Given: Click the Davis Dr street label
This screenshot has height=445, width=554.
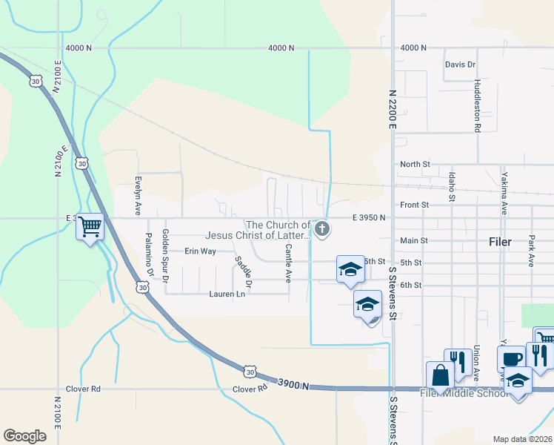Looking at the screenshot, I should (x=460, y=65).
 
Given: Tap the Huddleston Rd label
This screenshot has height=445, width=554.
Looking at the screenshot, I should (x=478, y=106).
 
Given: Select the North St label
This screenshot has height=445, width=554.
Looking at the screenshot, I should (x=415, y=164).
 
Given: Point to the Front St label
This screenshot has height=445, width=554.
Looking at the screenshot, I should (x=415, y=205).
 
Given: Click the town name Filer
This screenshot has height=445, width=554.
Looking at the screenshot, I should (x=506, y=242).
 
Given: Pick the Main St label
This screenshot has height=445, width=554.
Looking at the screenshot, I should (x=414, y=240).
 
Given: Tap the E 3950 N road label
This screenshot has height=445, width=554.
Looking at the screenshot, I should (x=368, y=217).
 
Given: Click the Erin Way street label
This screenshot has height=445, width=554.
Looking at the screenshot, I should (x=200, y=251).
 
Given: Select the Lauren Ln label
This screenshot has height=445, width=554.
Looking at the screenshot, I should (x=227, y=294).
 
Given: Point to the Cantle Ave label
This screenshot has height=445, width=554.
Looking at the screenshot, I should (x=288, y=263).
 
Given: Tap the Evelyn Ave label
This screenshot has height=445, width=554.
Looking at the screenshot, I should (x=138, y=195).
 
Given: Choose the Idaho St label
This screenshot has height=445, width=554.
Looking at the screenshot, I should (x=451, y=187).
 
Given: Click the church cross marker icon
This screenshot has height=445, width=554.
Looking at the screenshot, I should (x=322, y=229).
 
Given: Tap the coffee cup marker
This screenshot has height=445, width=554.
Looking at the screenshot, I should (x=511, y=357).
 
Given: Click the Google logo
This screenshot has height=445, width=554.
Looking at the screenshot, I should (x=24, y=435).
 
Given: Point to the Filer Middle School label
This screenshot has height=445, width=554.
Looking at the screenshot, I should (x=464, y=392).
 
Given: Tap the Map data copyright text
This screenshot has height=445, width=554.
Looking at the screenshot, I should (x=523, y=439).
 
